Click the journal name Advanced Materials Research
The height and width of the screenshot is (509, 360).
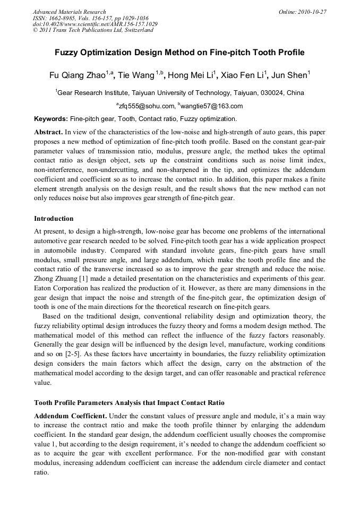[69, 12]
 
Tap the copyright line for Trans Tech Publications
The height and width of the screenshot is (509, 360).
[93, 30]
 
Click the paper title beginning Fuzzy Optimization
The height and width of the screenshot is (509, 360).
[179, 53]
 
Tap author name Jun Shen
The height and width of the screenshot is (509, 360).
[292, 76]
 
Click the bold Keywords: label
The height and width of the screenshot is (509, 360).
[51, 118]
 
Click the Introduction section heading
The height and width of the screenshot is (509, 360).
[54, 219]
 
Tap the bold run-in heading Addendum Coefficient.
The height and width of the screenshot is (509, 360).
[71, 415]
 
